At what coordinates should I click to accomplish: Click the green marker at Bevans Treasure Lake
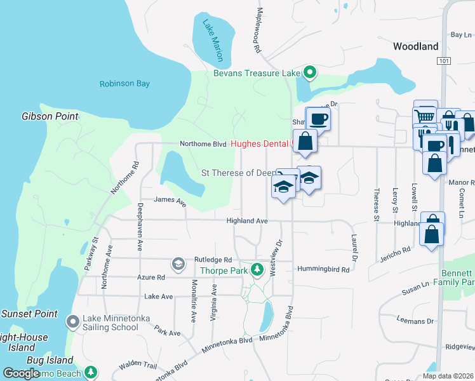[309, 73]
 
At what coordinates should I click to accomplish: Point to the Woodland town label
[415, 46]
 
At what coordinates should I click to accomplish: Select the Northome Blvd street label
[203, 144]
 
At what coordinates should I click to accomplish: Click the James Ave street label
[170, 200]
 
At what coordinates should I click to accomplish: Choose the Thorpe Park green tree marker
[257, 270]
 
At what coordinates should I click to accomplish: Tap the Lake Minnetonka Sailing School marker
[74, 322]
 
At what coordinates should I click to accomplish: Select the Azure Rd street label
[151, 277]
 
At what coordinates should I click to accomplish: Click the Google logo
[22, 373]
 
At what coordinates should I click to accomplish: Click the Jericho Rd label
[396, 252]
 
